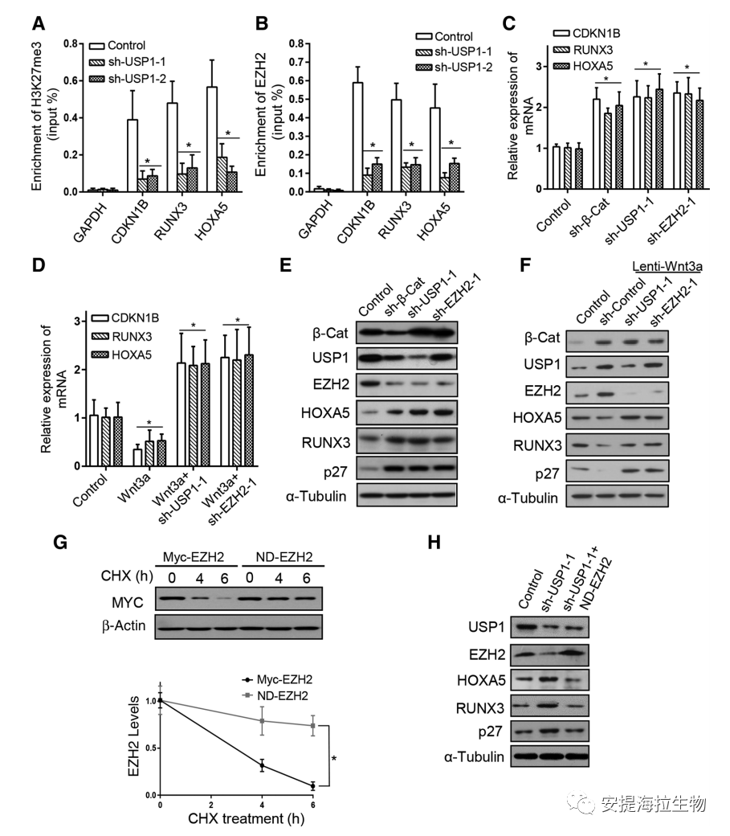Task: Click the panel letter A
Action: coord(37,24)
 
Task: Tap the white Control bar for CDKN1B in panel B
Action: coord(358,137)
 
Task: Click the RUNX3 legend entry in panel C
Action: coord(595,49)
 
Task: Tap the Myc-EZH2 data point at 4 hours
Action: coord(263,766)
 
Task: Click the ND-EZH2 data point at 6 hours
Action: coord(312,725)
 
